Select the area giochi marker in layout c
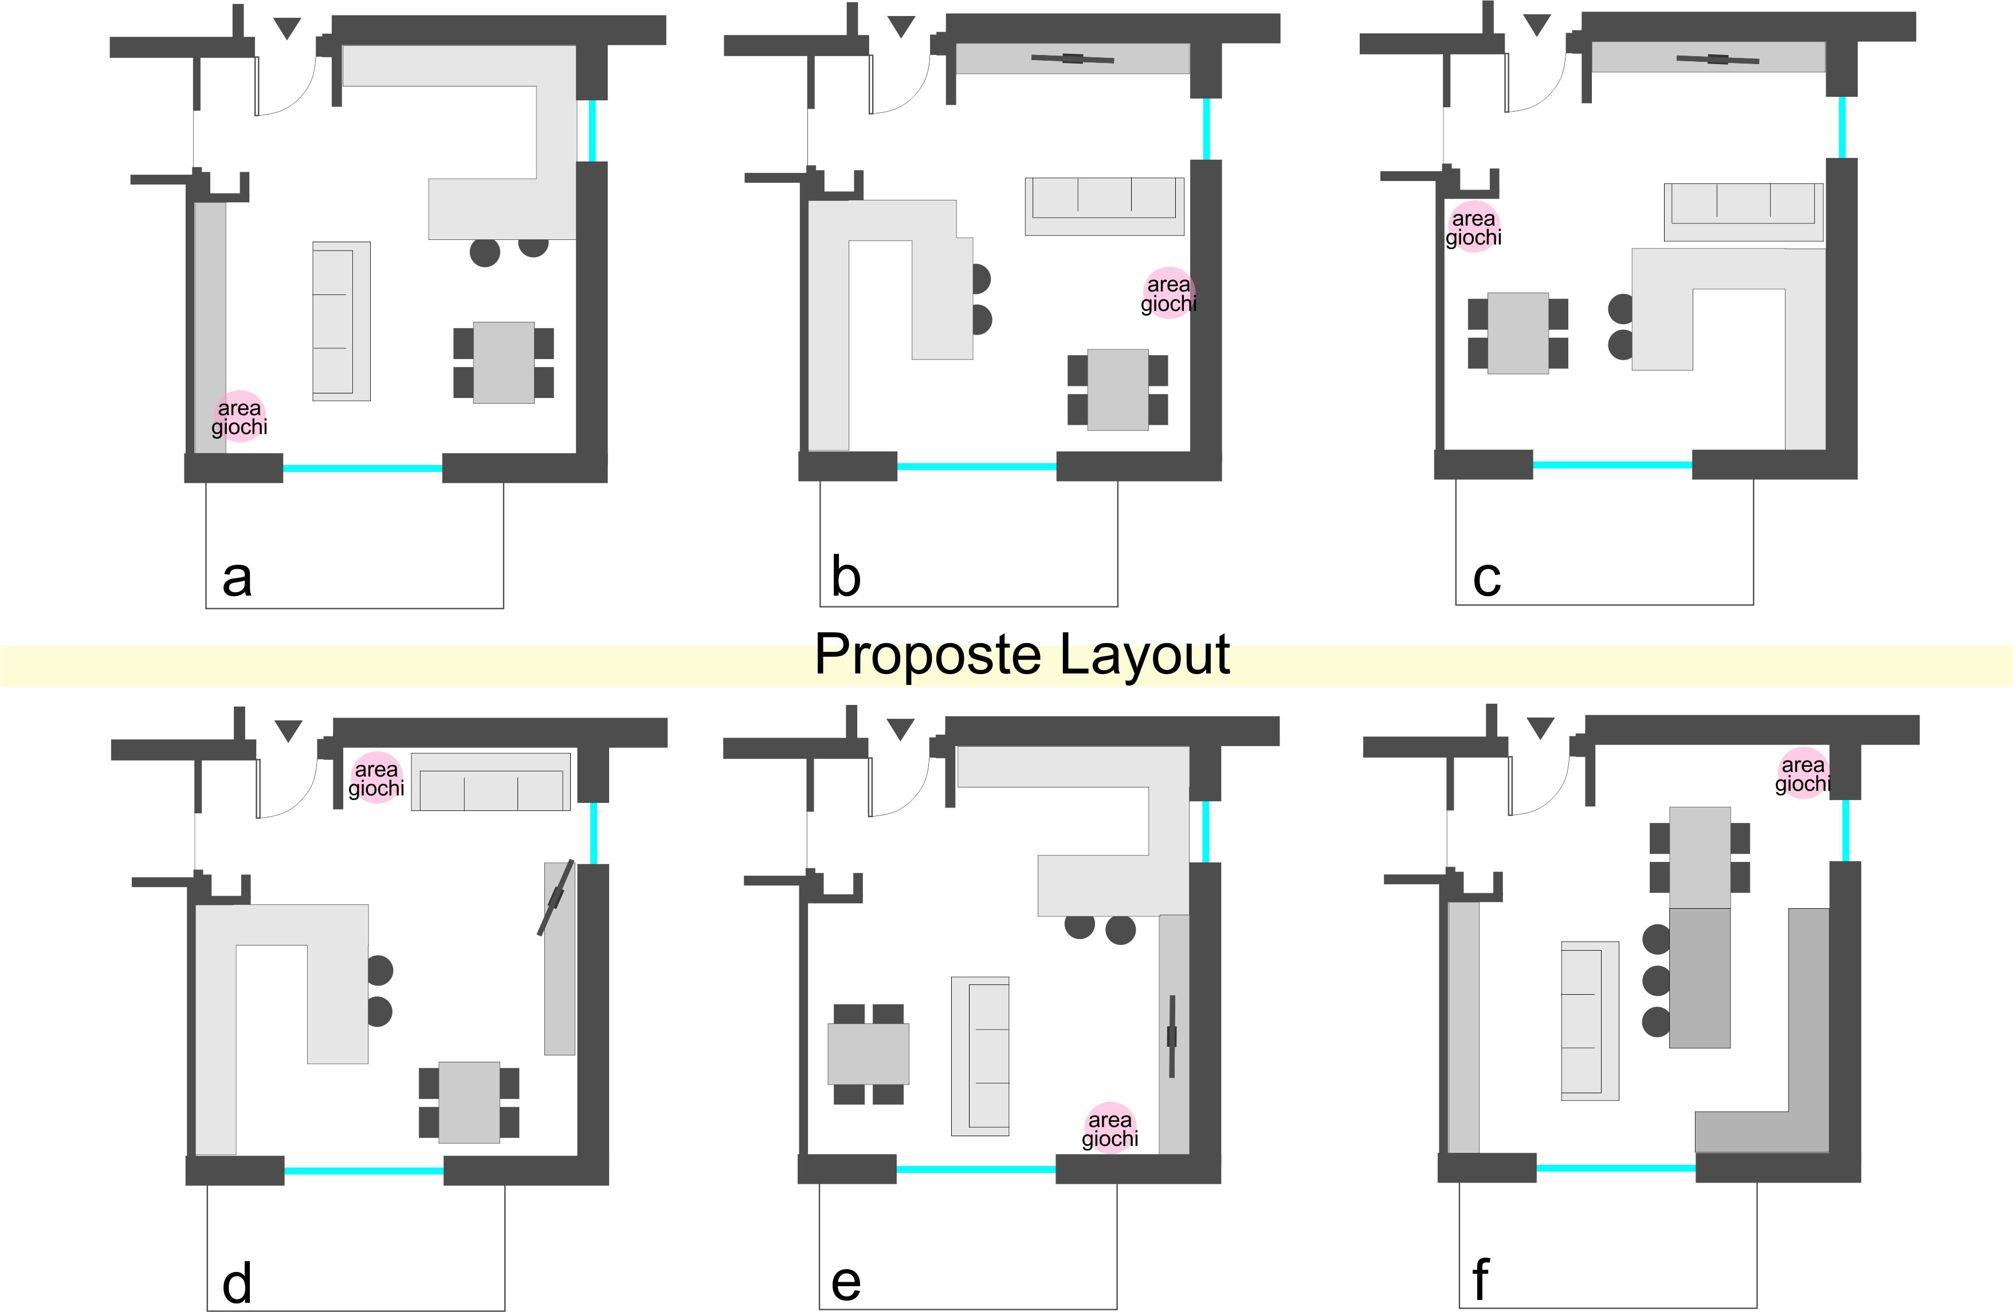1473,227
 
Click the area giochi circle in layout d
376,778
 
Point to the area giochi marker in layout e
1110,1128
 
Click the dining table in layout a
503,362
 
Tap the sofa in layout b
1105,206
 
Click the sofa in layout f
1590,1021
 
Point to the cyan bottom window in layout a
363,467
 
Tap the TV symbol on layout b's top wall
1073,58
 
